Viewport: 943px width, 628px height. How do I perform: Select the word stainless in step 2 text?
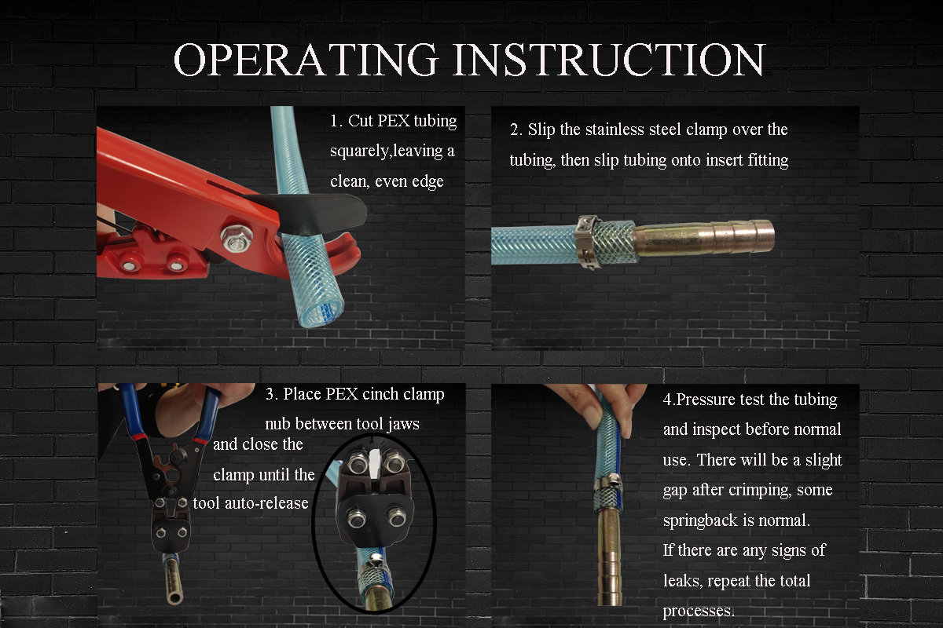click(x=620, y=129)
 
